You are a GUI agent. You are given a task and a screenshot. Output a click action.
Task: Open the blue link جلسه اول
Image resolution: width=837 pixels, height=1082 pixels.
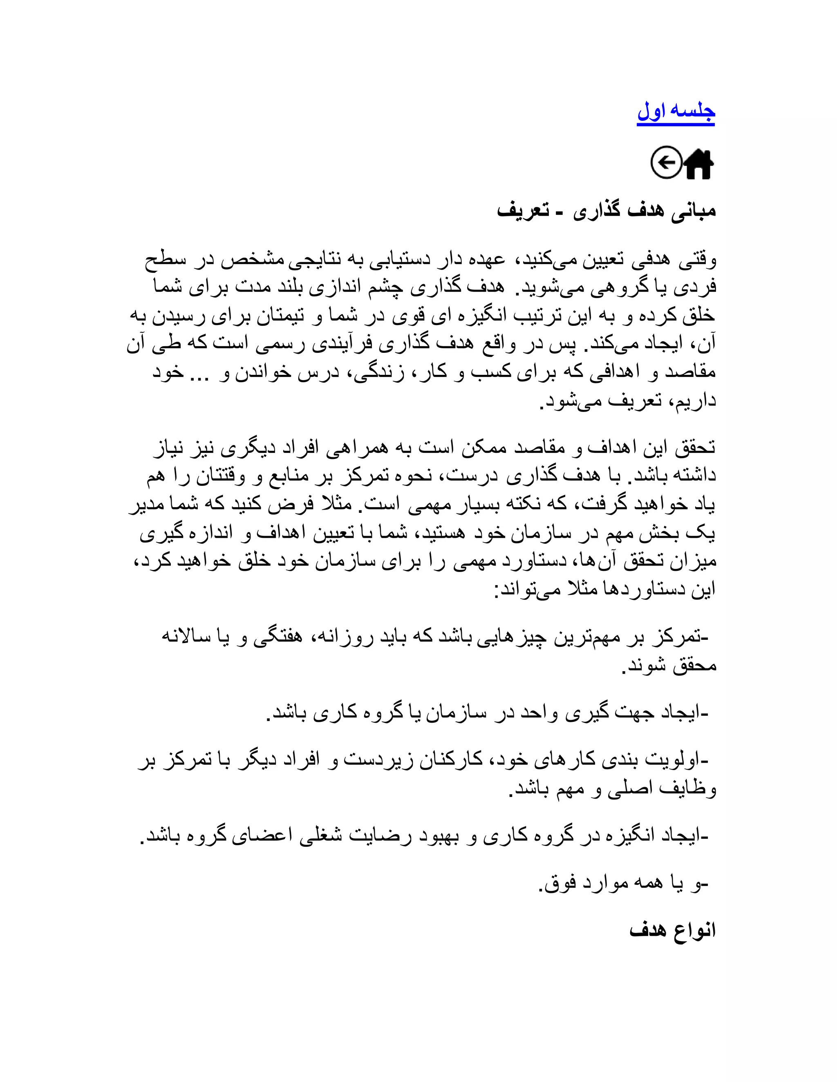tap(675, 112)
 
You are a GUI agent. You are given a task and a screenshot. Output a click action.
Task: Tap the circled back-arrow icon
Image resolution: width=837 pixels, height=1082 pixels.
tap(666, 162)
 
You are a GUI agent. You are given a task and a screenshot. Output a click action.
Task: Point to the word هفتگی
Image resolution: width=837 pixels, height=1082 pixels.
tap(278, 637)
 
